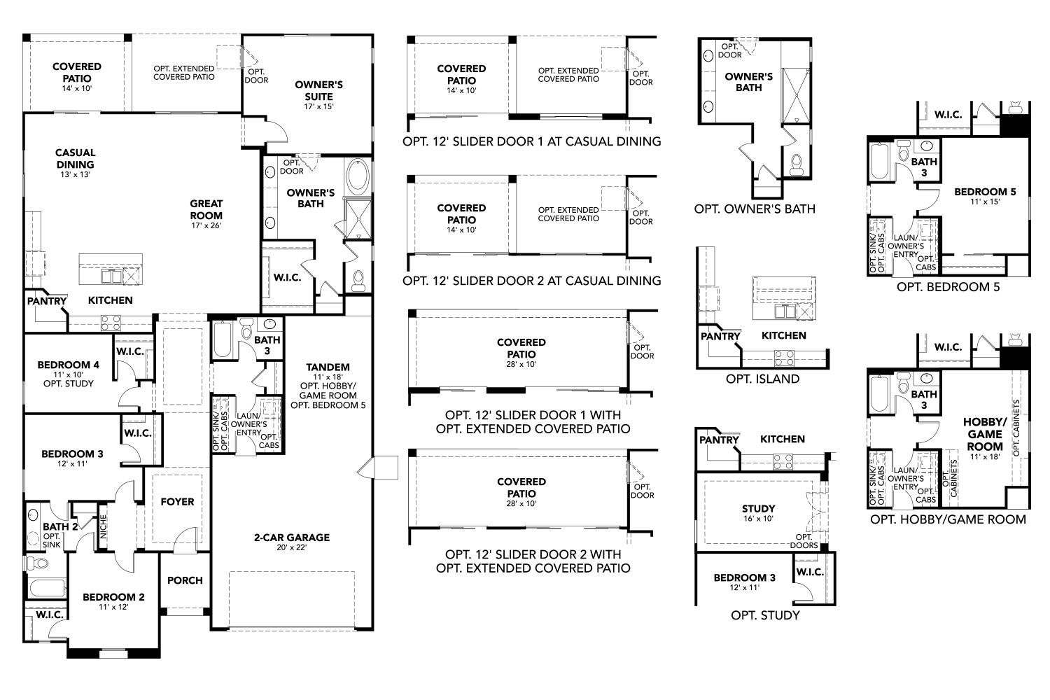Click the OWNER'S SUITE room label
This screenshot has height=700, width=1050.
[318, 90]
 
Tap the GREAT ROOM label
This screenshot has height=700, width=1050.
[206, 210]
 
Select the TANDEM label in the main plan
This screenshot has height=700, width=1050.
[328, 367]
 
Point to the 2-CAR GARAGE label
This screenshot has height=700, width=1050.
[291, 538]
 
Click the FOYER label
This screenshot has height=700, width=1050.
[177, 502]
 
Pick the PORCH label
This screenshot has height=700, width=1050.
[185, 580]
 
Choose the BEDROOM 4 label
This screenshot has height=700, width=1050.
[69, 365]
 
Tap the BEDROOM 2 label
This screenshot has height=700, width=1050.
[113, 597]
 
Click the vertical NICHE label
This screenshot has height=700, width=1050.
[104, 526]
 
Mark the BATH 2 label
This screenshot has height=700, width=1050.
[55, 527]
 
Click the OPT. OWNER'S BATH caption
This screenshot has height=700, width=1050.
[755, 209]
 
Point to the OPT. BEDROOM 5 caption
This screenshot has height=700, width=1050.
[948, 286]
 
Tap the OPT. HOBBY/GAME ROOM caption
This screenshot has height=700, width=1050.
[948, 519]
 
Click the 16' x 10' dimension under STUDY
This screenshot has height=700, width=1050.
[758, 519]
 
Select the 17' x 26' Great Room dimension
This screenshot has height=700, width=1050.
[206, 225]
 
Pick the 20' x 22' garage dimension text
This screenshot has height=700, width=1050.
[291, 547]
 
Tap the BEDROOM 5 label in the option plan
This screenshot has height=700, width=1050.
[985, 192]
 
